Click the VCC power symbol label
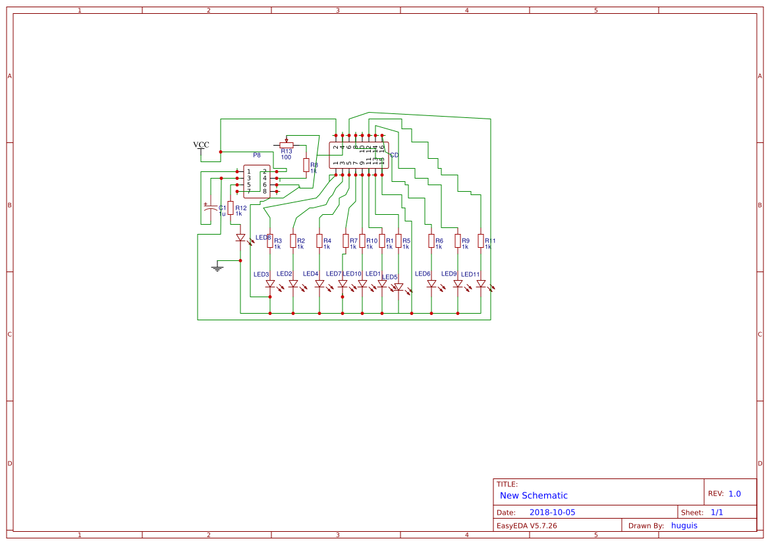click(x=201, y=145)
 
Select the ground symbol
click(x=217, y=267)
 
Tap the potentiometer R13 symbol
click(x=286, y=145)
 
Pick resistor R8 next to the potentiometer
click(x=306, y=165)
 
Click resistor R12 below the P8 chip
click(x=230, y=208)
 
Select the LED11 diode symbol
click(x=481, y=284)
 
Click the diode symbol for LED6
click(x=431, y=284)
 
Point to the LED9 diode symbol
click(x=458, y=284)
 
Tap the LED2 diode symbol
click(x=293, y=284)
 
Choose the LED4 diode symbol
click(x=319, y=284)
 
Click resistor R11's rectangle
click(x=481, y=241)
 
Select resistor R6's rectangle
click(x=431, y=241)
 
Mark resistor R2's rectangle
click(x=293, y=241)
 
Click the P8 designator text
click(x=257, y=156)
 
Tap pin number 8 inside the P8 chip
click(x=265, y=191)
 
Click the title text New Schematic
click(x=534, y=496)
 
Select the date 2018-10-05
click(x=552, y=512)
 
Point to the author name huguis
click(x=684, y=525)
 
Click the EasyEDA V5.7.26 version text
click(x=526, y=526)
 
